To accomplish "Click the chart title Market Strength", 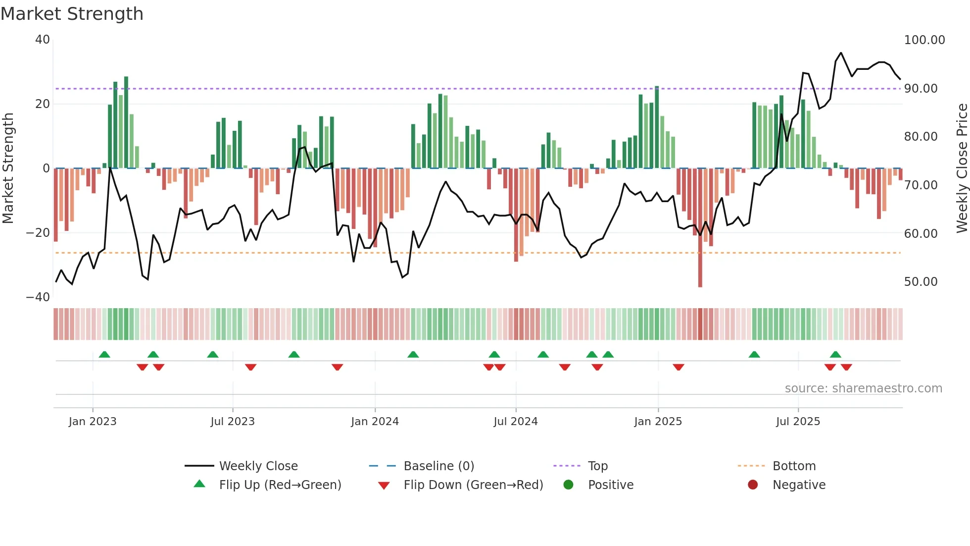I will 72,14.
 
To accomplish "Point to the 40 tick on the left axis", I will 43,40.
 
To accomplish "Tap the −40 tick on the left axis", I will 38,297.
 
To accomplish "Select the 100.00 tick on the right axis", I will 924,40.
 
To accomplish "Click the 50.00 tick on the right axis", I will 921,282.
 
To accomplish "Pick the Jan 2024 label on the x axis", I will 375,422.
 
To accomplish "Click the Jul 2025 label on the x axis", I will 798,422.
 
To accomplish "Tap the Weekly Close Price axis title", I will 962,168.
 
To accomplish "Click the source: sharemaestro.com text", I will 863,388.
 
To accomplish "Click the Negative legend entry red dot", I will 753,485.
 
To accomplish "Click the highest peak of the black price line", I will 840,53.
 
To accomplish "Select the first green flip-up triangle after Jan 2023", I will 104,354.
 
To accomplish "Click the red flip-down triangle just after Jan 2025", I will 679,367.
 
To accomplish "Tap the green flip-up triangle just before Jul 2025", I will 754,354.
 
